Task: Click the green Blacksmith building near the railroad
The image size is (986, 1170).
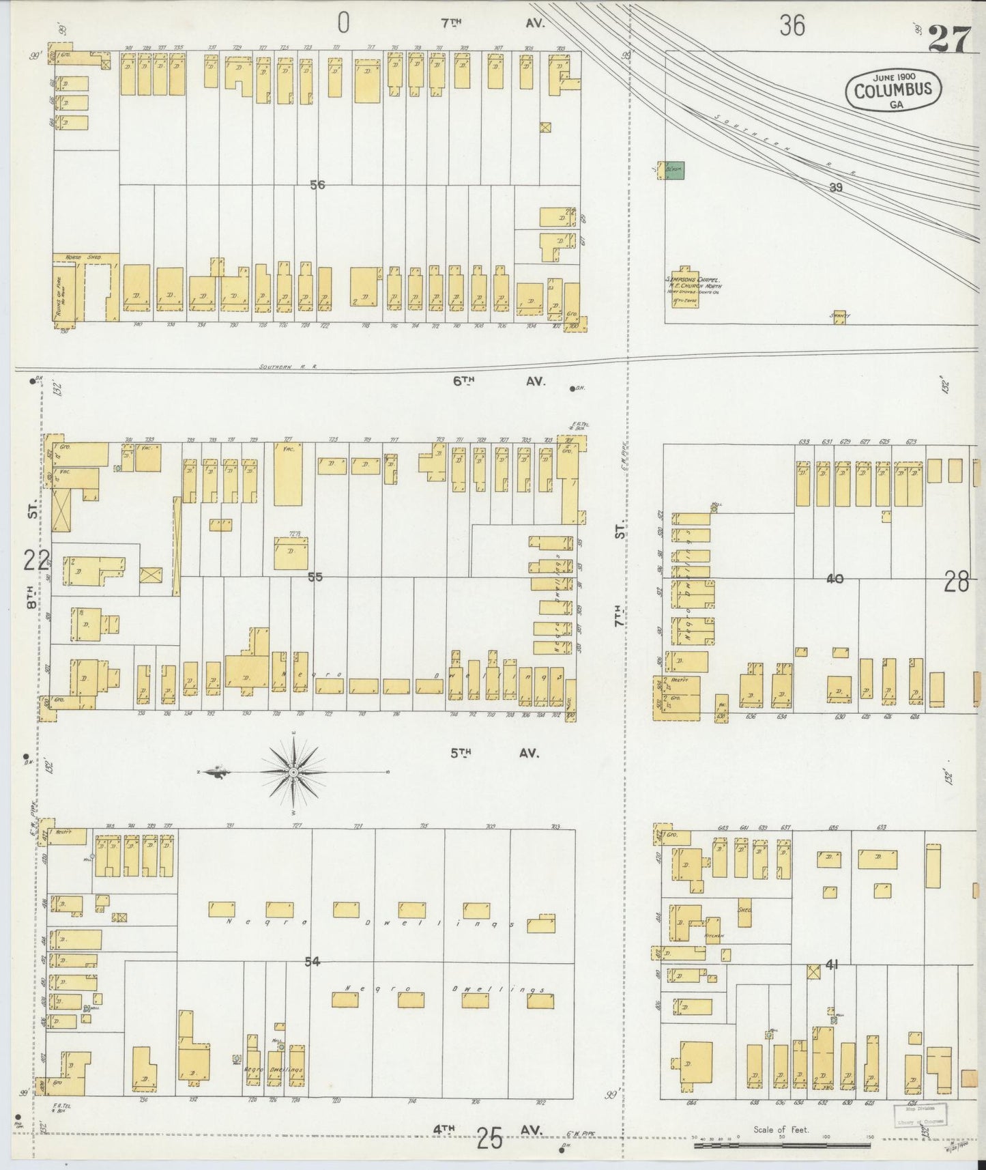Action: click(x=674, y=170)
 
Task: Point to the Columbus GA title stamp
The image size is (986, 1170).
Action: click(x=893, y=89)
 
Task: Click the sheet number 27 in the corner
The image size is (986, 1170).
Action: click(x=948, y=39)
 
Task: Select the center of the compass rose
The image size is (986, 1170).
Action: click(x=293, y=772)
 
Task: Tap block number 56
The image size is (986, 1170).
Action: click(x=316, y=184)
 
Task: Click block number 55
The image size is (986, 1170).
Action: click(x=315, y=577)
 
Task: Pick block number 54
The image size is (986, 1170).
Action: click(x=312, y=962)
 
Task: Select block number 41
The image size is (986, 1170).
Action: click(x=831, y=965)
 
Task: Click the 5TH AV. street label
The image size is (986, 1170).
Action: click(x=494, y=754)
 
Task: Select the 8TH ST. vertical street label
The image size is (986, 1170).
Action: click(x=32, y=560)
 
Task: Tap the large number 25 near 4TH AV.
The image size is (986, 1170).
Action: click(x=490, y=1139)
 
